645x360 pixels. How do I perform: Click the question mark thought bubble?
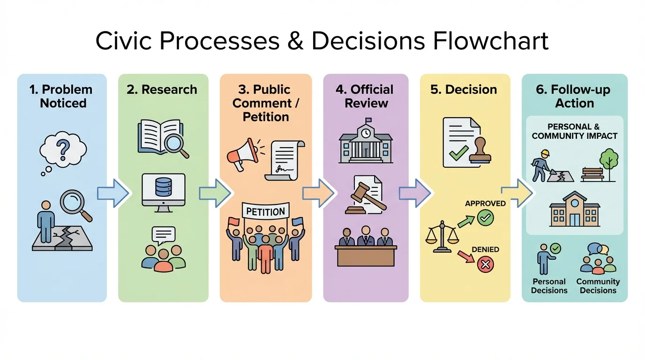coord(63,150)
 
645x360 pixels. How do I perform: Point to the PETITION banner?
coord(265,211)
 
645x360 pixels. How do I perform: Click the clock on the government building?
coord(366,133)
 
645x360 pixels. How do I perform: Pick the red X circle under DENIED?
coord(485,264)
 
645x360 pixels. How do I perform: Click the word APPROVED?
coord(485,203)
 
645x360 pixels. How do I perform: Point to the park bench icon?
coord(590,174)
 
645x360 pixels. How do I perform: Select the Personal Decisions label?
coord(549,286)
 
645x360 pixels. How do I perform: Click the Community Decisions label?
coord(598,286)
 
